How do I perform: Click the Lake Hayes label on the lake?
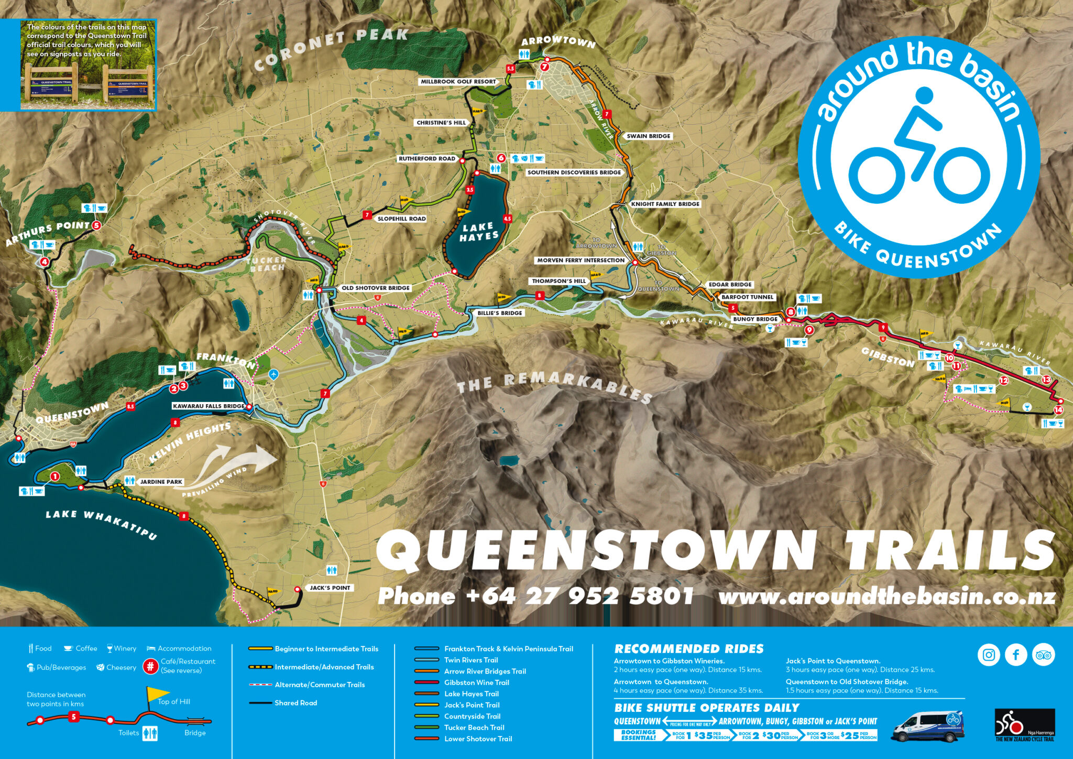click(x=478, y=231)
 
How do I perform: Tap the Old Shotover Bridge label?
click(x=375, y=288)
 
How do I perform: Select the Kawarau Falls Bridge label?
click(x=209, y=406)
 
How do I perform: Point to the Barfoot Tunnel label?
click(x=747, y=297)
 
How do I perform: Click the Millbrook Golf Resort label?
click(x=458, y=82)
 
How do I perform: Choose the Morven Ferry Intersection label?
click(x=581, y=260)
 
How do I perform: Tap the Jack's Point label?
click(x=330, y=588)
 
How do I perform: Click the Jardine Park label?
click(x=161, y=481)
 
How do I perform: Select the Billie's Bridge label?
click(x=499, y=313)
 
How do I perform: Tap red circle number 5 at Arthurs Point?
click(x=96, y=225)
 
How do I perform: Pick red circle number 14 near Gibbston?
click(x=1058, y=410)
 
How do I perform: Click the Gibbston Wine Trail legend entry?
click(x=476, y=682)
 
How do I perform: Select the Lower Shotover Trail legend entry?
click(x=478, y=739)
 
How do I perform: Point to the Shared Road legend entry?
click(x=295, y=703)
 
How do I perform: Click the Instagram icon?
click(x=989, y=655)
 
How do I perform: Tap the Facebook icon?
click(x=1016, y=655)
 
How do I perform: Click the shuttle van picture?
click(x=928, y=726)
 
